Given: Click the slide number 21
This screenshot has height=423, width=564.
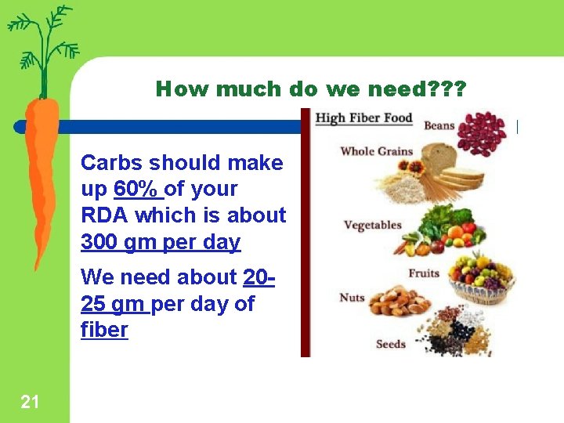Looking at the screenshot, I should pyautogui.click(x=30, y=403).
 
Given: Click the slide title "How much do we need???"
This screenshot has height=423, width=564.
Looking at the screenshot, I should pyautogui.click(x=310, y=89).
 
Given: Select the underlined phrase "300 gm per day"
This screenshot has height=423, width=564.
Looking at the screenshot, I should pyautogui.click(x=161, y=242).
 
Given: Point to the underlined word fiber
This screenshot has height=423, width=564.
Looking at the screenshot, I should pyautogui.click(x=104, y=330).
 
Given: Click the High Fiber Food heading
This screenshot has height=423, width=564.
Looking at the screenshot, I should pyautogui.click(x=363, y=118).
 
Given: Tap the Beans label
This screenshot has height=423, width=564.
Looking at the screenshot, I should pyautogui.click(x=439, y=125).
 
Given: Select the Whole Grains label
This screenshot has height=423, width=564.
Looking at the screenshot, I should pyautogui.click(x=376, y=151).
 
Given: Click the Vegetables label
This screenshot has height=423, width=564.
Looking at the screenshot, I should pyautogui.click(x=372, y=226).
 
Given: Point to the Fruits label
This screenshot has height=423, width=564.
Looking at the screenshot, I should pyautogui.click(x=423, y=273).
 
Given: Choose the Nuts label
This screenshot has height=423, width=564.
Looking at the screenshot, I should pyautogui.click(x=352, y=298).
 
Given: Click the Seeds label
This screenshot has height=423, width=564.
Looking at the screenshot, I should pyautogui.click(x=390, y=344).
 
